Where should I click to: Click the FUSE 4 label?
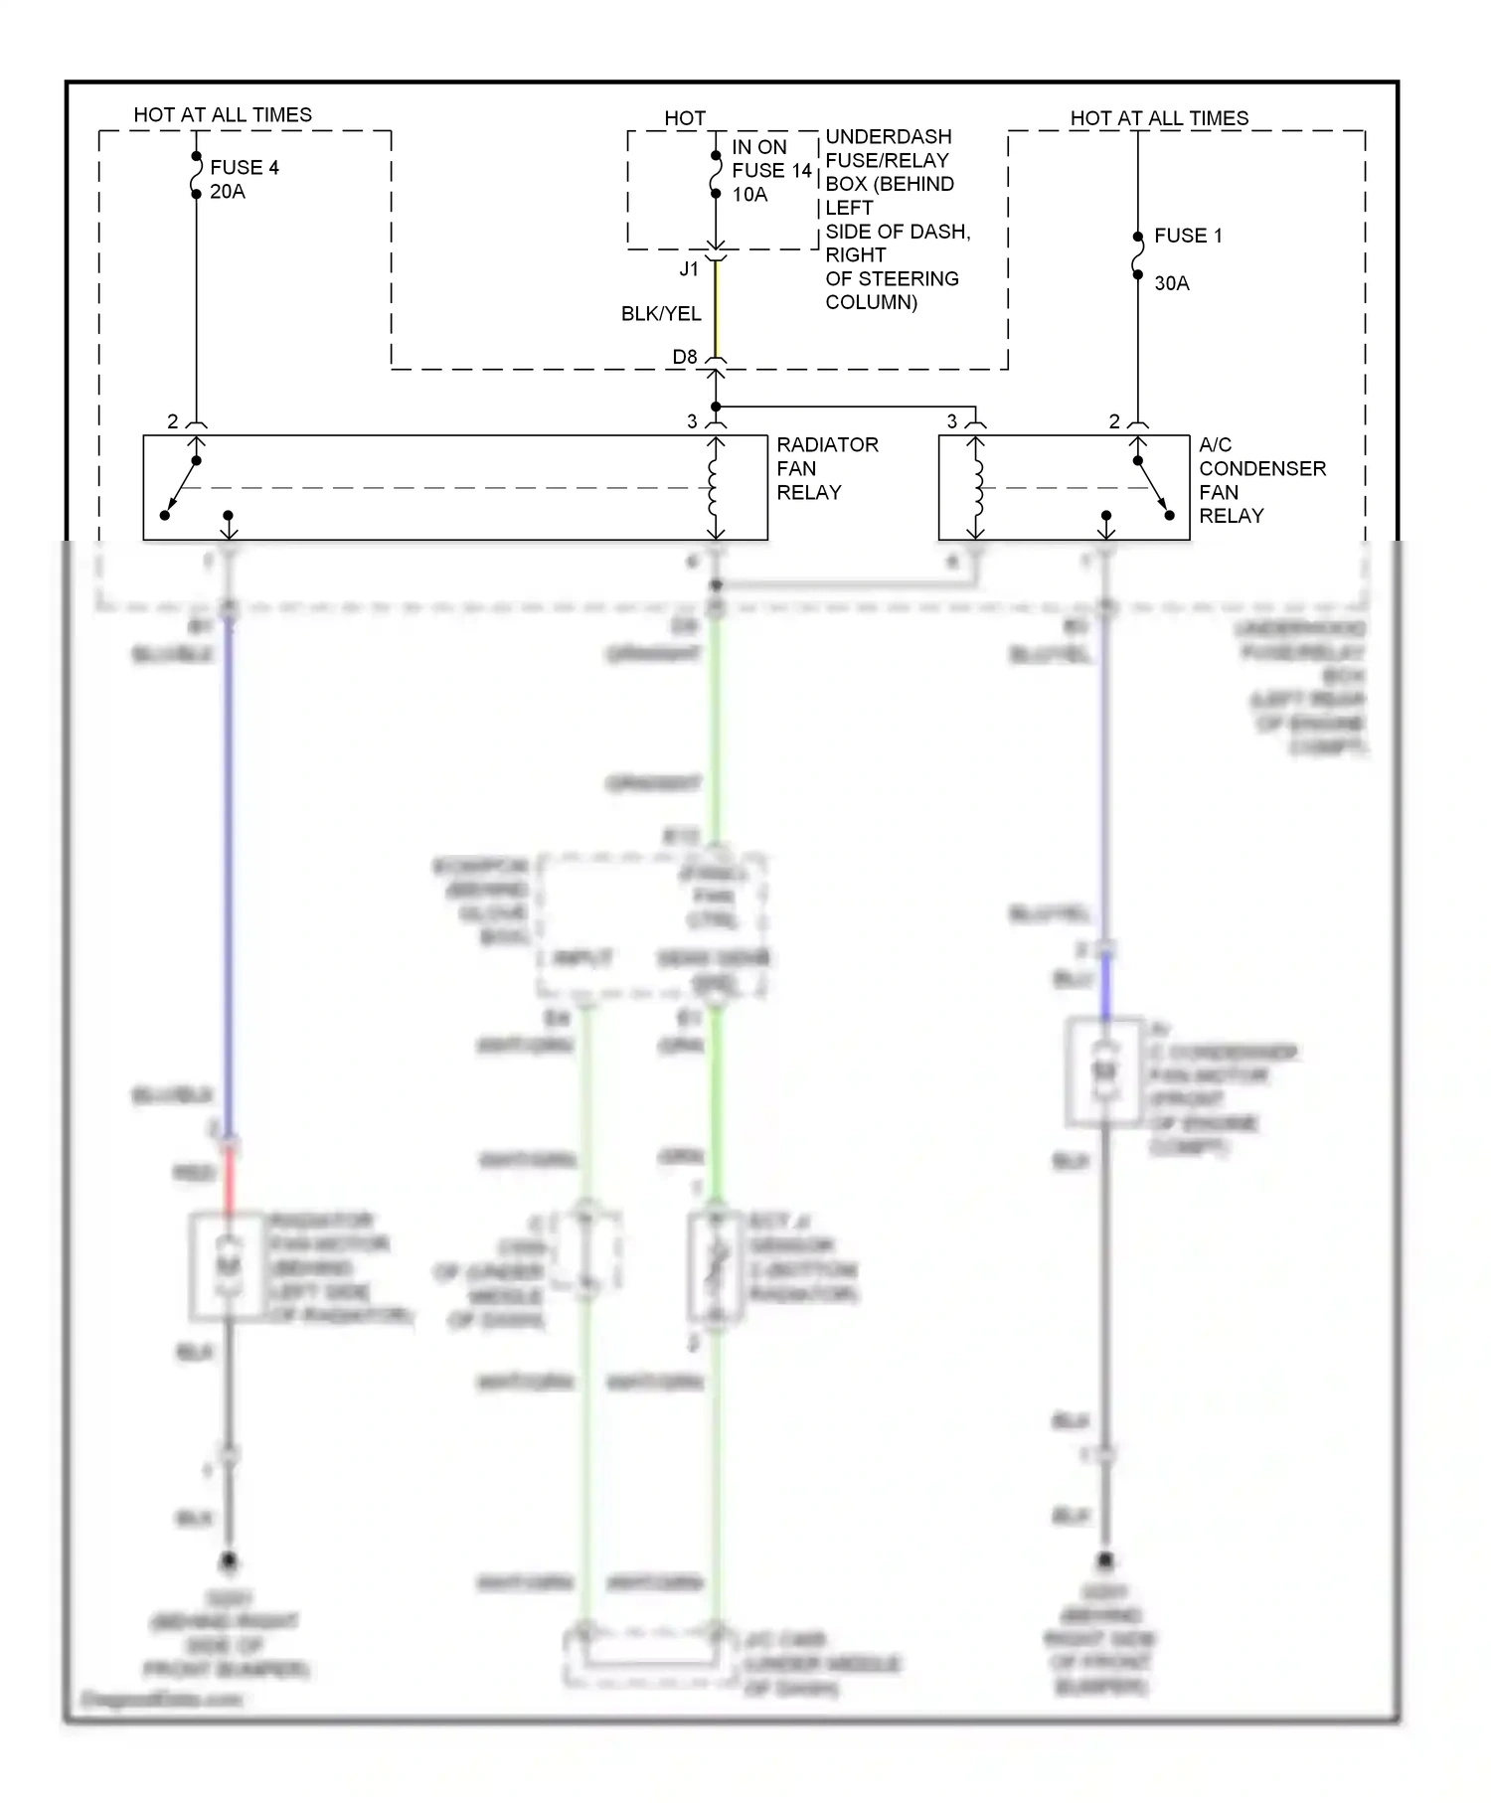245,167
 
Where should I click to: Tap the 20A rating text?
228,192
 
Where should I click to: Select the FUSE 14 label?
772,171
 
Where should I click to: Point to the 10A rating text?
749,195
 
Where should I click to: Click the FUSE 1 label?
1188,236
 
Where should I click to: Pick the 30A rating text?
1172,283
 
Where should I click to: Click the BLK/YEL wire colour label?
661,314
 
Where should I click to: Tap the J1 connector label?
689,269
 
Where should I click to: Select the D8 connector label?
685,357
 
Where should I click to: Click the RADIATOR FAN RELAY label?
827,468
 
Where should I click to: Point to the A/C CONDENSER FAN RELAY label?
1261,480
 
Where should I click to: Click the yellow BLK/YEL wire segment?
716,308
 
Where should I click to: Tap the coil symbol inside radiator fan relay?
714,488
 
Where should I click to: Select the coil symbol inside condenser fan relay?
976,488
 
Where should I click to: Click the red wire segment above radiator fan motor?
229,1180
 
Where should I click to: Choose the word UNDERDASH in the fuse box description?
889,137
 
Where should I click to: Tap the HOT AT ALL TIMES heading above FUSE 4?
223,115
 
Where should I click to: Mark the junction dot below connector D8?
716,407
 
